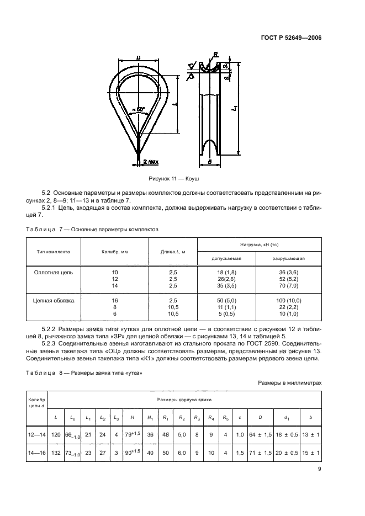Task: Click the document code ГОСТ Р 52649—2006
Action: [x=292, y=38]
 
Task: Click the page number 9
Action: [x=320, y=470]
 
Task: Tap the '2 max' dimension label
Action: [x=151, y=162]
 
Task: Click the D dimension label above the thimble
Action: [x=138, y=57]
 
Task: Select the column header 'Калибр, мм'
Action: [x=115, y=251]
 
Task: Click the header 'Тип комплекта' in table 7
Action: [x=53, y=251]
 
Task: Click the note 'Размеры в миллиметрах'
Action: [x=289, y=382]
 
